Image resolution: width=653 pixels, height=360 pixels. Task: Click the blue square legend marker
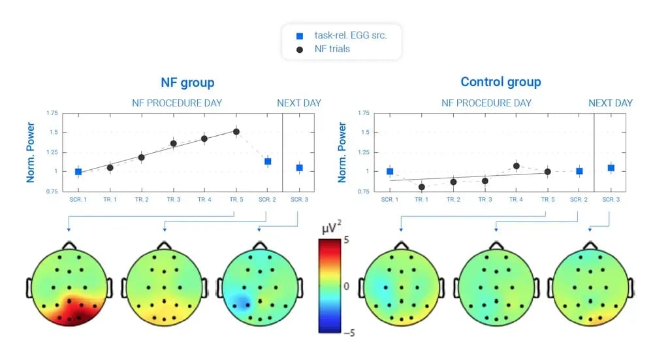tap(300, 36)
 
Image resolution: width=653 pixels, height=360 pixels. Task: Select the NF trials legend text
tap(332, 49)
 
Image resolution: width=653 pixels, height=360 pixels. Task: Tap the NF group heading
tap(187, 82)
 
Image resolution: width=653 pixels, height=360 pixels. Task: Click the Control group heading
tap(501, 82)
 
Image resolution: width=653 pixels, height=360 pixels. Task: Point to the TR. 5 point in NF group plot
tap(236, 132)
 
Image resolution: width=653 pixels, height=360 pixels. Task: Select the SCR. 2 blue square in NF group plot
tap(268, 161)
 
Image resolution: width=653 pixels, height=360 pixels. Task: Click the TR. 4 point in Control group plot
tap(517, 166)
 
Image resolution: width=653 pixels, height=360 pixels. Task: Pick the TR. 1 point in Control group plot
tap(421, 187)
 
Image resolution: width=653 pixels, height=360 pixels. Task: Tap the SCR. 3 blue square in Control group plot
tap(611, 168)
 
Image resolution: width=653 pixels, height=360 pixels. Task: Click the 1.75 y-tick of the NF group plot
tap(52, 113)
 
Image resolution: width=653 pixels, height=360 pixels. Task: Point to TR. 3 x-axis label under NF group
tap(174, 199)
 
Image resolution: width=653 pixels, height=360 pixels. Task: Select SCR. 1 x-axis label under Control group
tap(390, 199)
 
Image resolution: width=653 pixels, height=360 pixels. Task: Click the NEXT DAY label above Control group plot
tap(611, 103)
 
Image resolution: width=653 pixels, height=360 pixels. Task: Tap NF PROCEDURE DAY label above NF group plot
tap(177, 103)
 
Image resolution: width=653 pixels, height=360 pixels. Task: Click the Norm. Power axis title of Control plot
tap(342, 152)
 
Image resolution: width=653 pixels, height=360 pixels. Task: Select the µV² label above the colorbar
tap(331, 228)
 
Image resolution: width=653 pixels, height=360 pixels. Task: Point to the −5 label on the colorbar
tap(349, 333)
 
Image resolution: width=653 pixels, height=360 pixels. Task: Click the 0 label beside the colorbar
tap(347, 286)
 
